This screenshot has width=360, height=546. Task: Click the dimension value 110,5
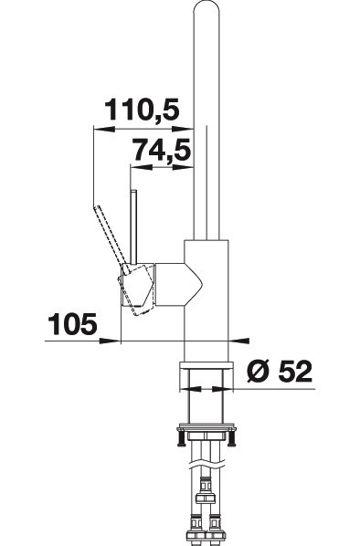point(142,110)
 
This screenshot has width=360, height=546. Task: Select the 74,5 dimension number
point(163,151)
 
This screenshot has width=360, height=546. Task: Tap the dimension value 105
point(72,324)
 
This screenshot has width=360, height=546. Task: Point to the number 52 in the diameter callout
point(295,372)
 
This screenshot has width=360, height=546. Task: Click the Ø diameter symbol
point(259,372)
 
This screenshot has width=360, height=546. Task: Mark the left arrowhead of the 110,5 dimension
point(104,129)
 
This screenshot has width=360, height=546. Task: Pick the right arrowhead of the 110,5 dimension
point(183,129)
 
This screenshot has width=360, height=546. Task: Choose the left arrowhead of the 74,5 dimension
point(141,167)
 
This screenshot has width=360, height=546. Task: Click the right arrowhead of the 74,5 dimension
point(183,167)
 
